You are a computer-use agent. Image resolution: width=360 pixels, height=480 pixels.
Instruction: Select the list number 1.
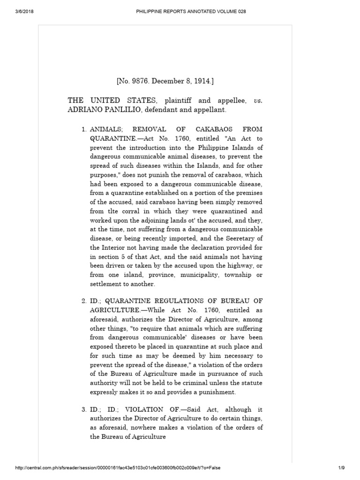pos(83,128)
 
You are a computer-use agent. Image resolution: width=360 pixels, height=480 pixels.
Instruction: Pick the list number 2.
pos(83,300)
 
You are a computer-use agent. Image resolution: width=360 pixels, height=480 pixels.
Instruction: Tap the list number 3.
pos(83,409)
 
